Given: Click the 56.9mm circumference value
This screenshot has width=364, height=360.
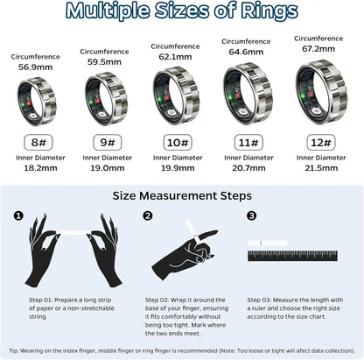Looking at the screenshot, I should (36, 67).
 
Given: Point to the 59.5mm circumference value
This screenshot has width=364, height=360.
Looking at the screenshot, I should (105, 62).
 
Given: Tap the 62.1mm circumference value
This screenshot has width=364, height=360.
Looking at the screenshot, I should (177, 55).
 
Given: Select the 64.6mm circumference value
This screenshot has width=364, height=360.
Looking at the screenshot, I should (248, 52).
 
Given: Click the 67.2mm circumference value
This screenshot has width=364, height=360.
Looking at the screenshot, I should (318, 48).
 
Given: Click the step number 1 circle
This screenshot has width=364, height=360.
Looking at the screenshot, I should (18, 215).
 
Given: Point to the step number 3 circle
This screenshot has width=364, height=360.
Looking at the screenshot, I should (252, 215).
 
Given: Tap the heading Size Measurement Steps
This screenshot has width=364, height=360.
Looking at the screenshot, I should (181, 195).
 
